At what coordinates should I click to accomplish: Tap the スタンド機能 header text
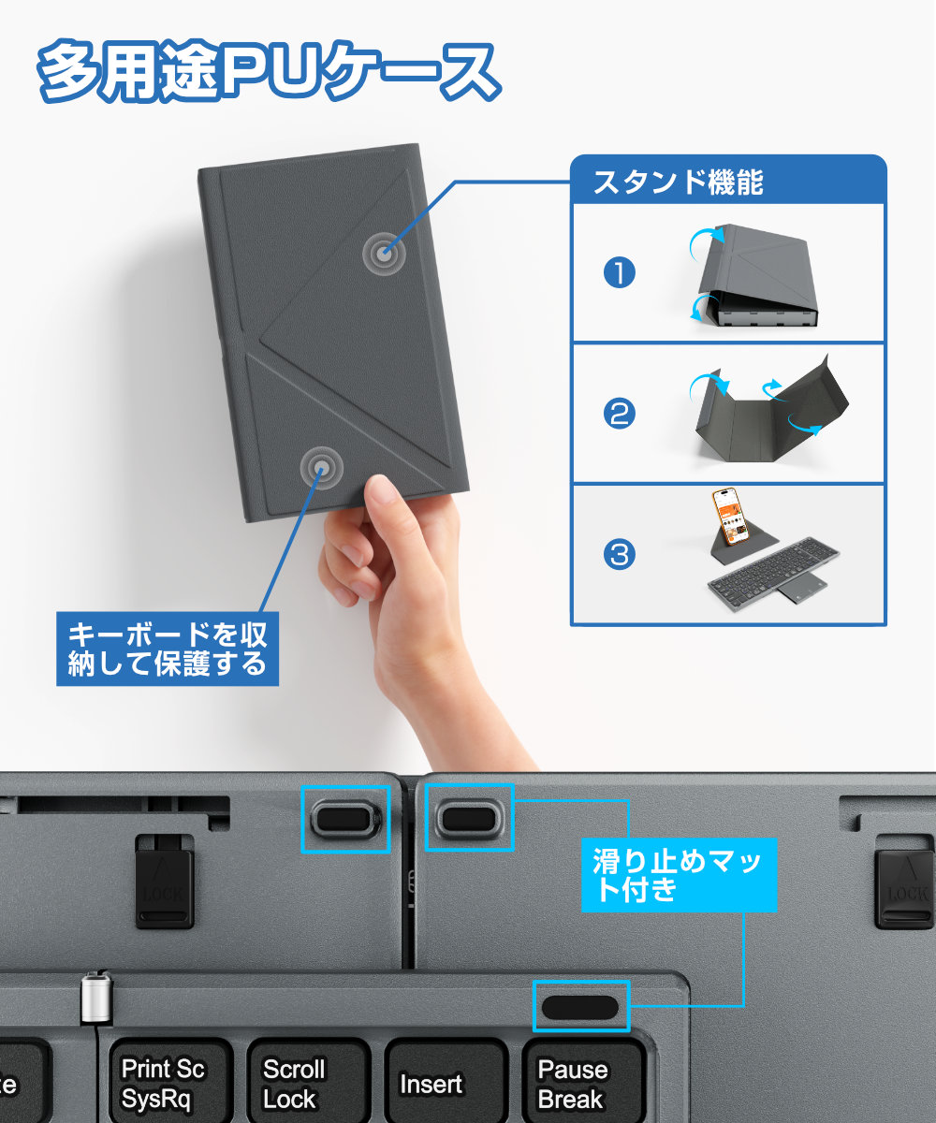point(679,181)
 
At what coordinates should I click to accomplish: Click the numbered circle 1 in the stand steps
point(619,273)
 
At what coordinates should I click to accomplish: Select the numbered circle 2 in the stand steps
point(619,414)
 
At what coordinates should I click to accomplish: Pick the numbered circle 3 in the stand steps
point(619,555)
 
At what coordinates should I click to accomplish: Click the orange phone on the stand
point(731,518)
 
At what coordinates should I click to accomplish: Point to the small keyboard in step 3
point(772,573)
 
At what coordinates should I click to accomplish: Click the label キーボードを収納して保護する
point(168,649)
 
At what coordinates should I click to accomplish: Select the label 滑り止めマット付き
point(679,873)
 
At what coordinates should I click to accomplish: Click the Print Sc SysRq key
point(163,1084)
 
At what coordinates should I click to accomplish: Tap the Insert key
point(431,1085)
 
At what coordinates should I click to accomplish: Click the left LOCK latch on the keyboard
point(165,881)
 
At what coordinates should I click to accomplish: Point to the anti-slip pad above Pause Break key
point(580,1007)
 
